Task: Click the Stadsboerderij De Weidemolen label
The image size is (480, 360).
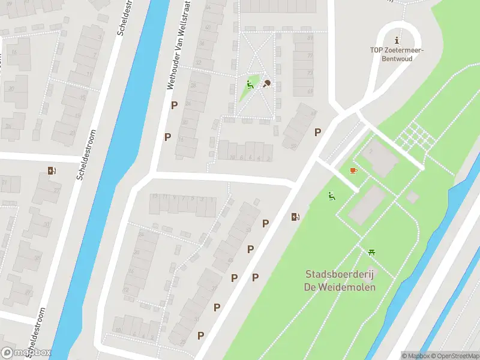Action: coord(340,281)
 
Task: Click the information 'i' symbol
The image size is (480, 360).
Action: coord(397,40)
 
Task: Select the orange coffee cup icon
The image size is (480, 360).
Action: coord(353,171)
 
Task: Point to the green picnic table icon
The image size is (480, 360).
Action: coord(372,253)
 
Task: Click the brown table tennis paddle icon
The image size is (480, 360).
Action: coord(266,83)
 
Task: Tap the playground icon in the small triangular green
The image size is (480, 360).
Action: coord(250,85)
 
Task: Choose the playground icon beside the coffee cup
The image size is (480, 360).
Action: coord(332,196)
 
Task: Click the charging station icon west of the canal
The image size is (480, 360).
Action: coord(52,171)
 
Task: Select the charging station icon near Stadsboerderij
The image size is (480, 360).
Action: coord(295,217)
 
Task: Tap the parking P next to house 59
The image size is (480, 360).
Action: coord(317,133)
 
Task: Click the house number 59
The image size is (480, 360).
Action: coord(294,146)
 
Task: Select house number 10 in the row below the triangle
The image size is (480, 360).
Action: coord(232,158)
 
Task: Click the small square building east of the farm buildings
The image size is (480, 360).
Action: coord(412,197)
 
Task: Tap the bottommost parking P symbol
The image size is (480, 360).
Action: coord(201,335)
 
